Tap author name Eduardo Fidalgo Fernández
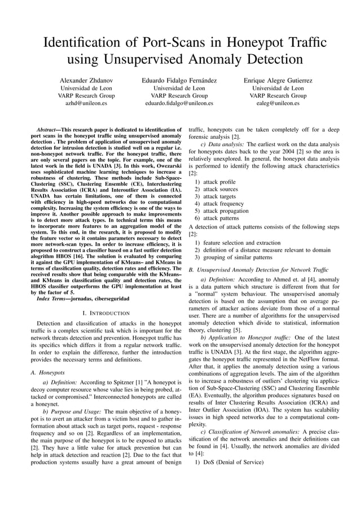click(179, 81)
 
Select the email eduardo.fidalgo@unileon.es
click(179, 104)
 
